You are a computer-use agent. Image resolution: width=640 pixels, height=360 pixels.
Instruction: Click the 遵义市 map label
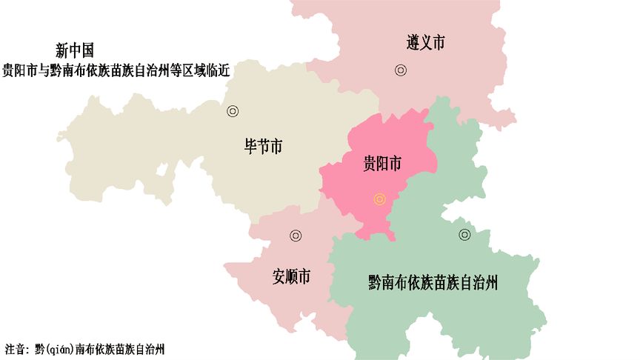[426, 42]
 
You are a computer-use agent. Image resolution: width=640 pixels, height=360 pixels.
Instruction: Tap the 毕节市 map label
[263, 146]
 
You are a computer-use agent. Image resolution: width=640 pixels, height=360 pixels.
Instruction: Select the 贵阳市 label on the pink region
[382, 164]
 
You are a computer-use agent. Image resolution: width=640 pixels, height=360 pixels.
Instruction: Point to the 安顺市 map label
[291, 278]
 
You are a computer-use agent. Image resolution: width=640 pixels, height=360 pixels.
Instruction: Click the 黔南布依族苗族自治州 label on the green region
[432, 282]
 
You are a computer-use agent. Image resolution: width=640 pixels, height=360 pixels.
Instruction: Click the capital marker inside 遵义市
[401, 70]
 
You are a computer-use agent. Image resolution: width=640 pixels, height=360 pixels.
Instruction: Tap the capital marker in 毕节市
[233, 111]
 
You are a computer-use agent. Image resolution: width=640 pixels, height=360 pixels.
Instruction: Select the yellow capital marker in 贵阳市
[380, 199]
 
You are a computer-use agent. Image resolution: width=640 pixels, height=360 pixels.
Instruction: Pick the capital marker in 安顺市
[296, 236]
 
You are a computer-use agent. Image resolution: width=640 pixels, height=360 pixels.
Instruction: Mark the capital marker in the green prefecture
[464, 235]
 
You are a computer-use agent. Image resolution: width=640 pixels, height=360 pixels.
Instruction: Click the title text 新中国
[75, 50]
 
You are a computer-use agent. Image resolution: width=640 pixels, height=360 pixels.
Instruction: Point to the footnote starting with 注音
[84, 348]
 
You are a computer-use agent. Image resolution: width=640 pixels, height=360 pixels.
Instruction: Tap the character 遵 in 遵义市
[413, 42]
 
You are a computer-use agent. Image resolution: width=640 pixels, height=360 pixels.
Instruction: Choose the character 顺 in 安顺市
[291, 278]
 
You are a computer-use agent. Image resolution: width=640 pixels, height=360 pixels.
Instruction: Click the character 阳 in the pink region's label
[382, 164]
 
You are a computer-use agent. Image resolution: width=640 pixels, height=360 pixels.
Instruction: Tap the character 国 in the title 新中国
[87, 50]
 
